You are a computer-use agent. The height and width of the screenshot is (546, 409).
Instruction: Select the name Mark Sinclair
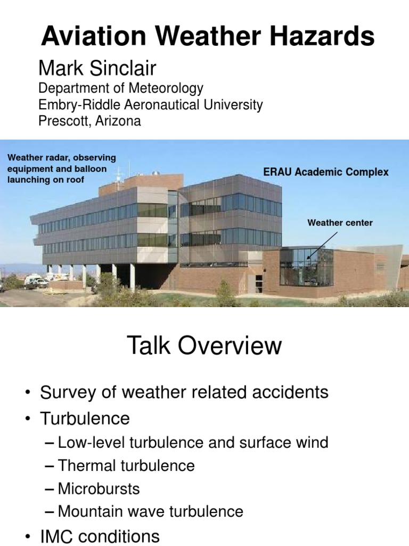[x=97, y=68]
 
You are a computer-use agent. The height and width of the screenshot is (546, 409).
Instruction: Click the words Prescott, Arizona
[x=89, y=121]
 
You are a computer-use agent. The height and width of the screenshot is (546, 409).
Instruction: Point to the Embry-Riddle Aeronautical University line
[x=151, y=105]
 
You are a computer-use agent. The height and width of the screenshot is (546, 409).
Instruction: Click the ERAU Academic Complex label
[x=326, y=172]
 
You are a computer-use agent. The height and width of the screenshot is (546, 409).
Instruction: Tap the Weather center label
[x=340, y=222]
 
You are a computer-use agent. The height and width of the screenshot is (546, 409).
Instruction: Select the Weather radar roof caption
[x=61, y=168]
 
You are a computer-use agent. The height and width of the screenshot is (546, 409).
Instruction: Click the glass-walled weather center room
[x=306, y=268]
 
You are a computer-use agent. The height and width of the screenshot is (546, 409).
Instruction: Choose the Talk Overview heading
[x=204, y=346]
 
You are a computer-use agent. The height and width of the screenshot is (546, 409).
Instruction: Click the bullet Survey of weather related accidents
[x=184, y=393]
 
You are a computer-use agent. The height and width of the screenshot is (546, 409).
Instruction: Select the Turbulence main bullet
[x=85, y=418]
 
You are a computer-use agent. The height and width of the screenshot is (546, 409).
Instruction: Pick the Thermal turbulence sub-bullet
[x=126, y=465]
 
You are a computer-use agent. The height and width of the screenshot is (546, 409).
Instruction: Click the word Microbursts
[x=99, y=488]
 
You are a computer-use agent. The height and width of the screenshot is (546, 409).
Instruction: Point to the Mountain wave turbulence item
[x=150, y=512]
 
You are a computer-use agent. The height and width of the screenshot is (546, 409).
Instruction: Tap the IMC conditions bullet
[x=100, y=536]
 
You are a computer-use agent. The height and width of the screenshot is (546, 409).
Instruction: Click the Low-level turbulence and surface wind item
[x=193, y=442]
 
